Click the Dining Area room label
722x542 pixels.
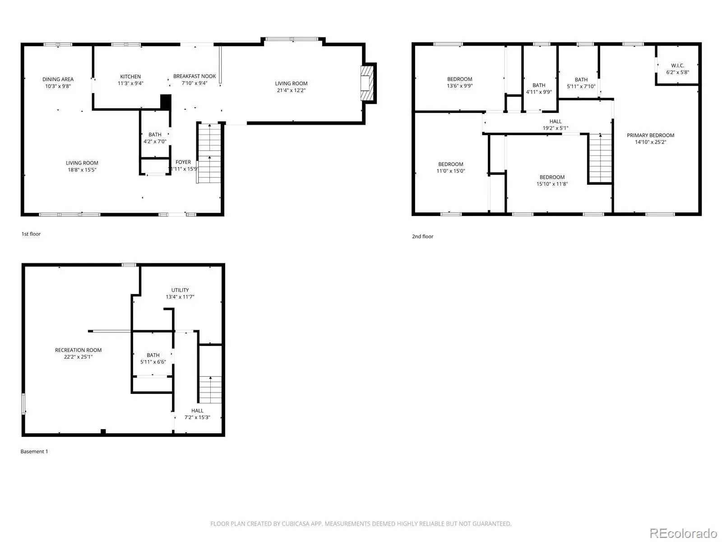click(x=58, y=79)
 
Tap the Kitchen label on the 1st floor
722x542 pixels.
click(x=130, y=77)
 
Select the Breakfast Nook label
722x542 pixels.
click(x=194, y=76)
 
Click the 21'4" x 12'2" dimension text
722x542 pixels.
click(x=291, y=90)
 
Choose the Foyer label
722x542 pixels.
click(x=183, y=162)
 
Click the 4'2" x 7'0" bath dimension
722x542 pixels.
click(x=155, y=141)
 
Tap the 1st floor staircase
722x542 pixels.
click(x=209, y=153)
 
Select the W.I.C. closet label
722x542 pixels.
click(x=677, y=65)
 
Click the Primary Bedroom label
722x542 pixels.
click(x=650, y=135)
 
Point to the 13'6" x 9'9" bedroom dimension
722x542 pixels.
click(x=459, y=85)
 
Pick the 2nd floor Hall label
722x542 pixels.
click(x=555, y=121)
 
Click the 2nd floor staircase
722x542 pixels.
click(x=600, y=158)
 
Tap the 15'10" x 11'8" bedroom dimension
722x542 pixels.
click(x=551, y=184)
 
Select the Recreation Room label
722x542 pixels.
click(x=78, y=350)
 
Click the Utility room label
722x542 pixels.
click(x=180, y=290)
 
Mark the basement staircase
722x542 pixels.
click(x=210, y=390)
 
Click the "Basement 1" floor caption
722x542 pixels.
click(x=34, y=451)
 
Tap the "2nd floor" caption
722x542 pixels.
click(x=422, y=236)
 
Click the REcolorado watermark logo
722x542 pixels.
click(x=683, y=533)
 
